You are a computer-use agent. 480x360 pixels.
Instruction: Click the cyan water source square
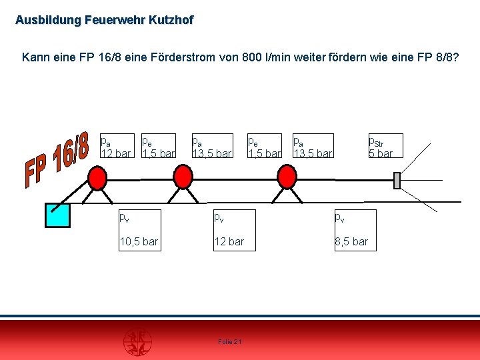[x=57, y=215]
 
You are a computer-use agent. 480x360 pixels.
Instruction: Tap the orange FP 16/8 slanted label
[x=57, y=159]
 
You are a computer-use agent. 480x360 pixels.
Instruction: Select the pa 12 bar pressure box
[x=117, y=146]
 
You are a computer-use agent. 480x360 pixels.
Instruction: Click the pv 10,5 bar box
[x=140, y=230]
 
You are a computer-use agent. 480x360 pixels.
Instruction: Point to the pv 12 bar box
[x=235, y=230]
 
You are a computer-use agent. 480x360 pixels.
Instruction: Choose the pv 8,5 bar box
[x=355, y=230]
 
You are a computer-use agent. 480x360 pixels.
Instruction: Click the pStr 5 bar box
[x=386, y=146]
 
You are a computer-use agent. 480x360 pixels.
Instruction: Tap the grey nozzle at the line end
[x=397, y=181]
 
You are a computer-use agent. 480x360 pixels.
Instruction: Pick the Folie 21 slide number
[x=230, y=341]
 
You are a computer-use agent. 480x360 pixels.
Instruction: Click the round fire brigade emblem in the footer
[x=137, y=342]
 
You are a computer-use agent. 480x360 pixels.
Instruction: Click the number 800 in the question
[x=251, y=57]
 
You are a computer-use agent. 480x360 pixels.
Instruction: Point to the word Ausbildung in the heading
[x=48, y=20]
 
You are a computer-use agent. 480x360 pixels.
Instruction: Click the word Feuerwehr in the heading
[x=115, y=20]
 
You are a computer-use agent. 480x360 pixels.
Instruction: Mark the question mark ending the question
[x=455, y=57]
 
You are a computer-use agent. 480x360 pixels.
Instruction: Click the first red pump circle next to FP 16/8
[x=97, y=178]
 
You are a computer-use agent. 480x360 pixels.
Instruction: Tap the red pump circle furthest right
[x=287, y=177]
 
